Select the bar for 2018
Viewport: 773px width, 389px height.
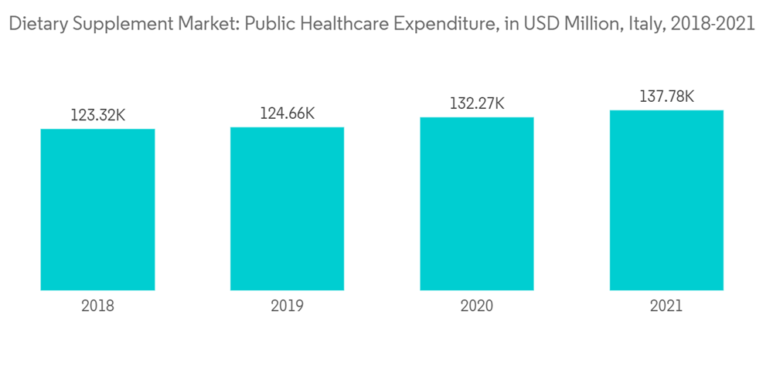(97, 209)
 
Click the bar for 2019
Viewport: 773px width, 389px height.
(287, 208)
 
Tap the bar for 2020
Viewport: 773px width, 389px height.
(477, 204)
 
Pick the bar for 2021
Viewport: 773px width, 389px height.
(666, 200)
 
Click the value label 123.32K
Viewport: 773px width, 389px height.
(97, 116)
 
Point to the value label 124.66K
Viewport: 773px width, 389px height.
(287, 113)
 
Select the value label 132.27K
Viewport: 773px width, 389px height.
(477, 103)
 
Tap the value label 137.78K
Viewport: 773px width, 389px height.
(666, 96)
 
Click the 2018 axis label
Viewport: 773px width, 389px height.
(97, 306)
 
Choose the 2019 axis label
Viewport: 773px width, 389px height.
(287, 306)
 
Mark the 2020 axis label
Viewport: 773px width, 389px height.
(477, 306)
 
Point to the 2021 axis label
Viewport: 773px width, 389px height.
(666, 306)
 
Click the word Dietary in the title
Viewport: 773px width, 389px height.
(33, 24)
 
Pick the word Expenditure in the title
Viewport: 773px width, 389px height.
(432, 24)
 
